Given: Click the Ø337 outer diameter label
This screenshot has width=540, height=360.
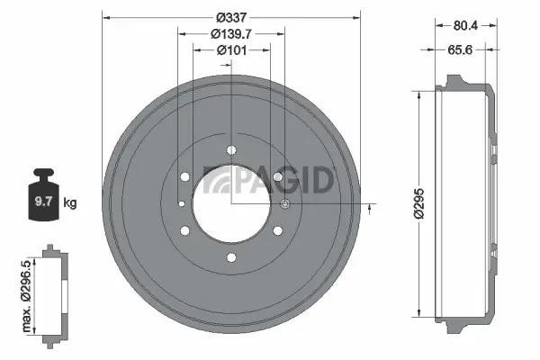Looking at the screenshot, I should [231, 16].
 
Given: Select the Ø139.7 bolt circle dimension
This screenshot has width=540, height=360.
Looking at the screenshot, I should [231, 33].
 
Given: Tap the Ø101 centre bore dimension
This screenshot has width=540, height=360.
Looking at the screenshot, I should [231, 50].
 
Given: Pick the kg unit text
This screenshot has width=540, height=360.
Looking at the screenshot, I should [71, 203].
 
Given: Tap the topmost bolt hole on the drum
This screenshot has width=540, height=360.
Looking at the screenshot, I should [231, 150].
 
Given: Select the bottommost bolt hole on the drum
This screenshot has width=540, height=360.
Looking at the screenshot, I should [231, 258].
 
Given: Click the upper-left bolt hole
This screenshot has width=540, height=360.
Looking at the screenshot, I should [184, 177].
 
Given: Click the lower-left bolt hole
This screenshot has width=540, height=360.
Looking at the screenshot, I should [184, 231].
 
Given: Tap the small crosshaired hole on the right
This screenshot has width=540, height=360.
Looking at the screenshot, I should [285, 206].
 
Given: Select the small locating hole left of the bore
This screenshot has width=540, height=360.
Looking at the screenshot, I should [182, 204].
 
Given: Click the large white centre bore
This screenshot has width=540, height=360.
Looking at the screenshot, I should [231, 204].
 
